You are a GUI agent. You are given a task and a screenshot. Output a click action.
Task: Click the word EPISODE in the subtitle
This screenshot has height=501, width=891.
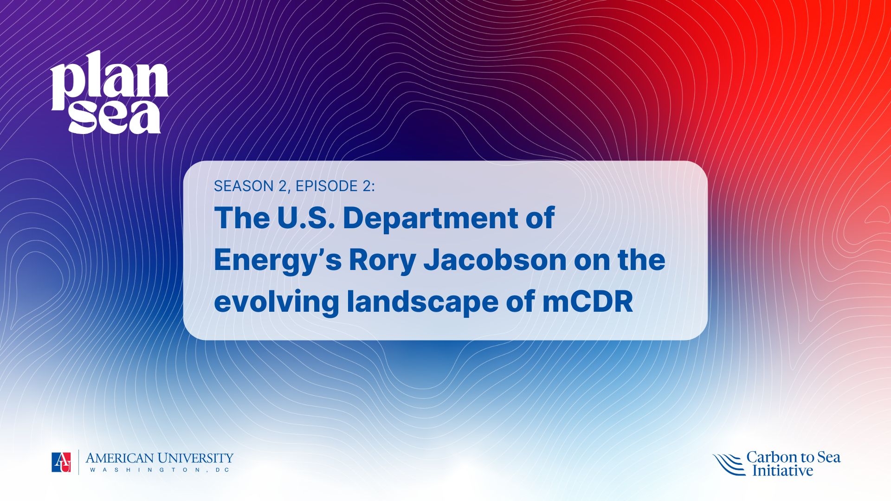(327, 186)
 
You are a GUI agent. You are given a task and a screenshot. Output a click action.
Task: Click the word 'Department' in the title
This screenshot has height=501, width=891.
(430, 218)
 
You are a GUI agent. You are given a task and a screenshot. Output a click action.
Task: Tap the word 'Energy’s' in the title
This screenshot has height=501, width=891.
(278, 261)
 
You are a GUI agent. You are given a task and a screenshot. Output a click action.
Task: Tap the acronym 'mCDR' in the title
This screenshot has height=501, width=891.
(588, 302)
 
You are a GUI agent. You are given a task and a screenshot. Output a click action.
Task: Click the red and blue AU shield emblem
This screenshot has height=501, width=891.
(61, 462)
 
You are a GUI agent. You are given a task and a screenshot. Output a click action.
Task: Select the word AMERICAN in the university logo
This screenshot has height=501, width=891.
(119, 458)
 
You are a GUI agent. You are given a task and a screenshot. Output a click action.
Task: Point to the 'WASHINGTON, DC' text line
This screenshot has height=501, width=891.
(160, 470)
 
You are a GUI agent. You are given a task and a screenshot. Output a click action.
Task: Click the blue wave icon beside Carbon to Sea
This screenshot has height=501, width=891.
(729, 464)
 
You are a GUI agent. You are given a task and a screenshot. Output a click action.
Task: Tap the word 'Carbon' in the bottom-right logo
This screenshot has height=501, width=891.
(771, 457)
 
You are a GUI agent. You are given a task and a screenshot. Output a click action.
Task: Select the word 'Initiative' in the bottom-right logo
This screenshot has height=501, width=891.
(783, 470)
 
